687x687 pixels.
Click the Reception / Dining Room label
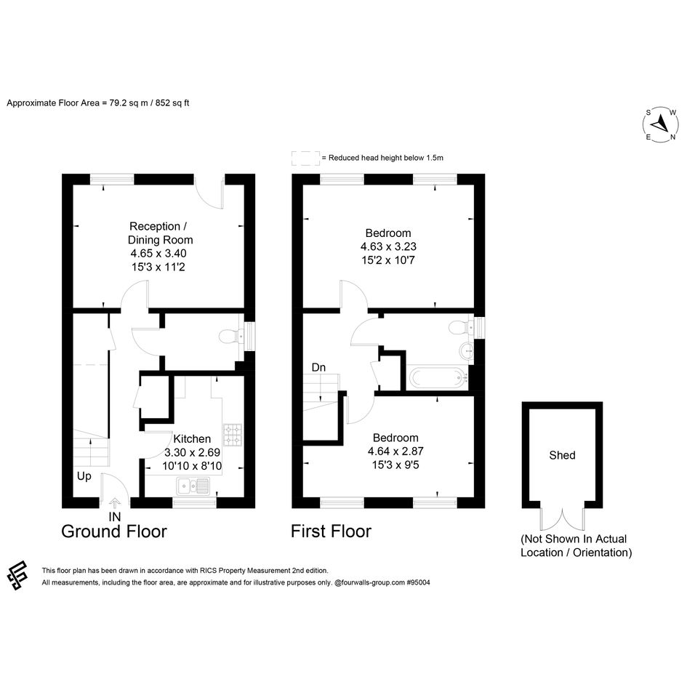click(161, 233)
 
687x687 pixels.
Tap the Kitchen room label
click(192, 438)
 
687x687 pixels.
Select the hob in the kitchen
click(233, 435)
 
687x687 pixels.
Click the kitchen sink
click(193, 486)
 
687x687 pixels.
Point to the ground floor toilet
click(230, 337)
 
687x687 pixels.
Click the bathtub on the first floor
click(438, 377)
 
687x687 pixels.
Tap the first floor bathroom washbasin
click(466, 351)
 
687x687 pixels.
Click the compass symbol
click(661, 124)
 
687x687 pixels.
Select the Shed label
click(562, 455)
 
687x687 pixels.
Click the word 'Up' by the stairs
click(84, 476)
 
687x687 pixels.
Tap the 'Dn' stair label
click(318, 367)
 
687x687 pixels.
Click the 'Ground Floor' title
click(114, 531)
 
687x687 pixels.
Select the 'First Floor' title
click(331, 531)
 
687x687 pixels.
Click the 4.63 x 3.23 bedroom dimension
click(388, 246)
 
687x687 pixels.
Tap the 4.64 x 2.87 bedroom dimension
click(395, 451)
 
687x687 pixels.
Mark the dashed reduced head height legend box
click(306, 158)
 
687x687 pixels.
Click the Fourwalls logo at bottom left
click(17, 575)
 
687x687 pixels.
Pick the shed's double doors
click(562, 520)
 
